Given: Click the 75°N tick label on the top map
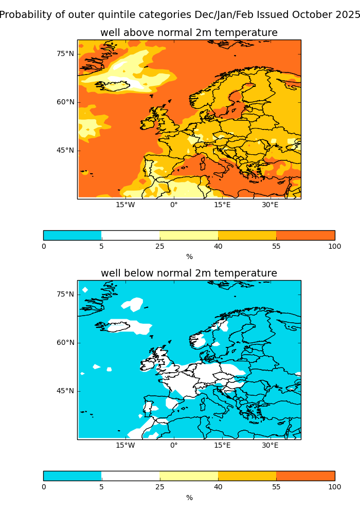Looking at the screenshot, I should click(x=65, y=53).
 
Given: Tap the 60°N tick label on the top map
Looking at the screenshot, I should click(x=65, y=102).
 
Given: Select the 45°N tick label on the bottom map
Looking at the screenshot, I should click(x=65, y=391).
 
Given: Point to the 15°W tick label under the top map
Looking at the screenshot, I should click(x=125, y=205).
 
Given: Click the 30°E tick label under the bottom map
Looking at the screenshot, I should click(x=270, y=446).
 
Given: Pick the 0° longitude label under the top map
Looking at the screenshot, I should click(x=174, y=205).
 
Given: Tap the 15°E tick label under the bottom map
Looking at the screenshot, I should click(x=222, y=446).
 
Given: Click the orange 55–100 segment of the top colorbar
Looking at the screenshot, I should click(x=305, y=235).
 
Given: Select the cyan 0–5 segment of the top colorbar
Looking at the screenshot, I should click(x=73, y=235).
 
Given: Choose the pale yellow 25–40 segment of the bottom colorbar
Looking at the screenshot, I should click(x=189, y=476).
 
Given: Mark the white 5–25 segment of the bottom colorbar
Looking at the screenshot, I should click(x=131, y=476).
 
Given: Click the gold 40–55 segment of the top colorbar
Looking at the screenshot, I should click(x=247, y=235).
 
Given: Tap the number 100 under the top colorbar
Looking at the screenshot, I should click(x=334, y=246).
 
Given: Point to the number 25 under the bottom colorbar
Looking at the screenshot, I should click(x=160, y=487).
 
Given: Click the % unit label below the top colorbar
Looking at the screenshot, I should click(x=189, y=256).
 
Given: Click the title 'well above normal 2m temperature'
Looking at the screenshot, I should click(x=189, y=33).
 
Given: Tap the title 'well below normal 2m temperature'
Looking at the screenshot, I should click(x=189, y=273).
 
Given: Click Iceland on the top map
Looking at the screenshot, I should click(x=116, y=85).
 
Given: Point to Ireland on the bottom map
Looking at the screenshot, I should click(x=148, y=364).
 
